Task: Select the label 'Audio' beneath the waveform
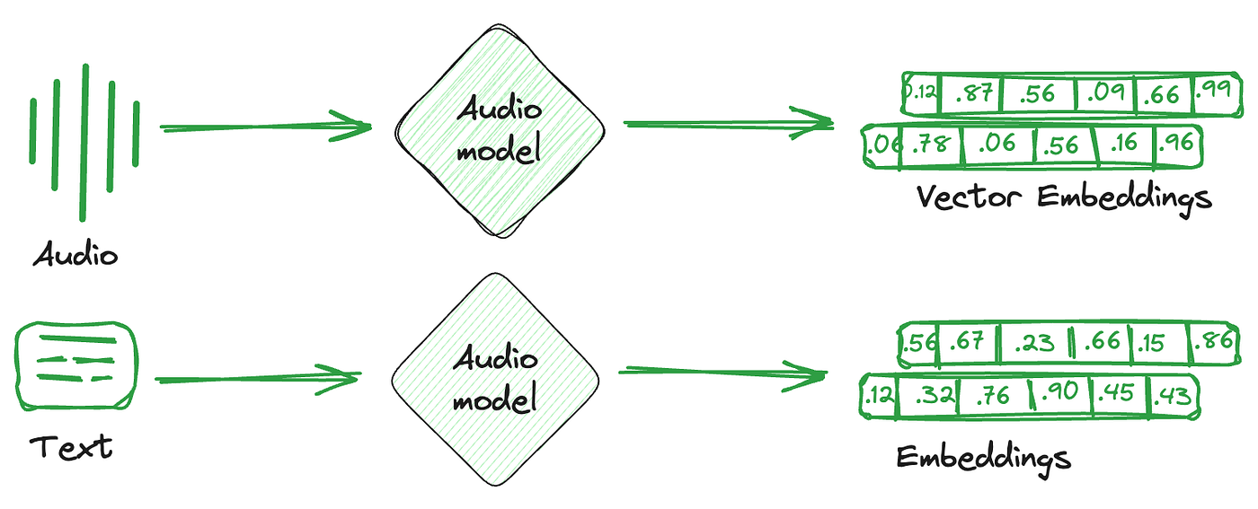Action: [75, 255]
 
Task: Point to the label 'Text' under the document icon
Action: [72, 447]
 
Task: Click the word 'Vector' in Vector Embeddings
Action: [970, 196]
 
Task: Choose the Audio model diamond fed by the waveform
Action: [500, 130]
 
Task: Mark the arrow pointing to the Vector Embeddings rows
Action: [728, 124]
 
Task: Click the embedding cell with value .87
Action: [972, 94]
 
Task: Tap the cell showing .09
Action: [1105, 94]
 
